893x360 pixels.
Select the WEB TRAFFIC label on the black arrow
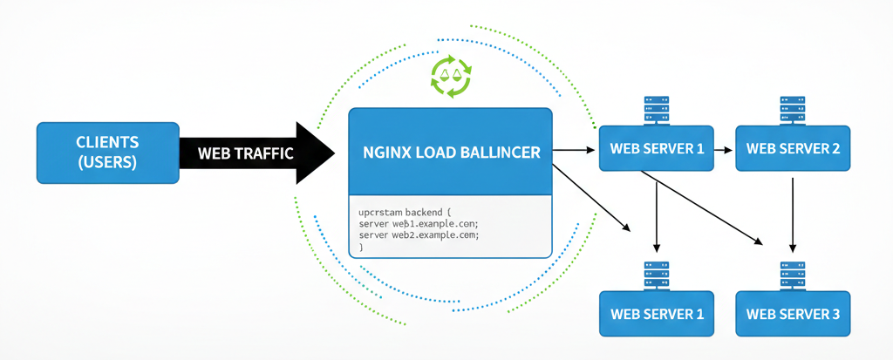[245, 153]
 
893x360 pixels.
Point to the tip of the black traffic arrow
[333, 153]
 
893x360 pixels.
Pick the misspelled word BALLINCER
[500, 152]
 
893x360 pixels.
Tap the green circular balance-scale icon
[451, 76]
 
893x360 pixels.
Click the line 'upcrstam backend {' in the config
[406, 212]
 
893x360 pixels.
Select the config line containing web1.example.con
[418, 224]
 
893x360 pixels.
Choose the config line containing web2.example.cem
[419, 236]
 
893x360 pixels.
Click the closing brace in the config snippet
[360, 248]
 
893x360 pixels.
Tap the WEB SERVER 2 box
[793, 149]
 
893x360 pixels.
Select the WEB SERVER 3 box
[793, 313]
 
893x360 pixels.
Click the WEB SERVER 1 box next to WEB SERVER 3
[656, 313]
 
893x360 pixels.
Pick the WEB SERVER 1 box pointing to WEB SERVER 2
[656, 149]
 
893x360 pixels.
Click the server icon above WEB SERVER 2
[793, 110]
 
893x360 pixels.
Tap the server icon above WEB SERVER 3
[793, 275]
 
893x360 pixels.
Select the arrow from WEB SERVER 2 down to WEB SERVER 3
[792, 214]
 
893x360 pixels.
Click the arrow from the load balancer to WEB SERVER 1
[575, 150]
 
